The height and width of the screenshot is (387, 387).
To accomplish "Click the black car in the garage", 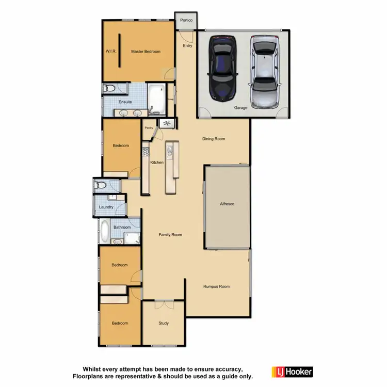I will pyautogui.click(x=222, y=67).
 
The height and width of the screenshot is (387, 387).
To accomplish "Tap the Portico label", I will pyautogui.click(x=186, y=20).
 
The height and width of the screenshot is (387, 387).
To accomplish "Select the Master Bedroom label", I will pyautogui.click(x=146, y=52).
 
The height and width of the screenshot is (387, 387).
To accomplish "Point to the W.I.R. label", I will pyautogui.click(x=111, y=52).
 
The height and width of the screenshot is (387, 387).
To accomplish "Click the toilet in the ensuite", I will pyautogui.click(x=109, y=89).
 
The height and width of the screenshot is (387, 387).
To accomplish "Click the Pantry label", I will pyautogui.click(x=149, y=127).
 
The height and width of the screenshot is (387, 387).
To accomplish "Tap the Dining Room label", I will pyautogui.click(x=214, y=139).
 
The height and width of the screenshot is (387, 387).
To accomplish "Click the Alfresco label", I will pyautogui.click(x=227, y=204).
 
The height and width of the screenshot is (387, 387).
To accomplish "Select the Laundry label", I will pyautogui.click(x=106, y=207).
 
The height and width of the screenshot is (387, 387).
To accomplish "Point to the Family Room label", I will pyautogui.click(x=170, y=235).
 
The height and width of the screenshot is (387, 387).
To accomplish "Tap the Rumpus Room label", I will pyautogui.click(x=216, y=286).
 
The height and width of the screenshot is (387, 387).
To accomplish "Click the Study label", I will pyautogui.click(x=164, y=324).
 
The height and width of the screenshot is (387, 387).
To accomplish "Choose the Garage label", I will pyautogui.click(x=241, y=108).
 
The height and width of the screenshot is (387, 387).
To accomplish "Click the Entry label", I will pyautogui.click(x=187, y=46).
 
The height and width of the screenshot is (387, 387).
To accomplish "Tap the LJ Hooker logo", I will pyautogui.click(x=292, y=372).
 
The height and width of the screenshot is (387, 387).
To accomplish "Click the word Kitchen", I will pyautogui.click(x=157, y=163).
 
